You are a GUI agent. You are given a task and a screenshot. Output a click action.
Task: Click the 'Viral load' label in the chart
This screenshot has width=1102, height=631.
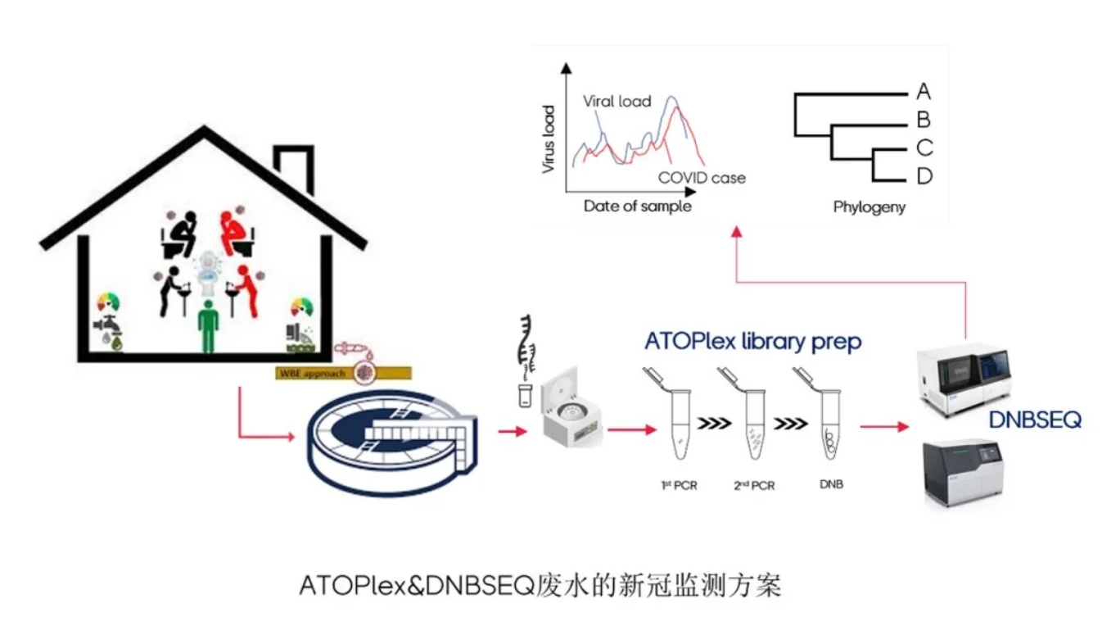coord(616,102)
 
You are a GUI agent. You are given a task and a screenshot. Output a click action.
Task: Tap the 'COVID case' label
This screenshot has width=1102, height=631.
coord(702,178)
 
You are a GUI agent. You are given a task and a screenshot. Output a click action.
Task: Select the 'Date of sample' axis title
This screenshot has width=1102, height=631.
coord(637,206)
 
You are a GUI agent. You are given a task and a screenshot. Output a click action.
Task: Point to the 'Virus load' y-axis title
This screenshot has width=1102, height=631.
coord(548,138)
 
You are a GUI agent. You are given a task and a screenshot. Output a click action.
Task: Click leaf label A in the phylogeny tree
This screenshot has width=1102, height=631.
coord(924,91)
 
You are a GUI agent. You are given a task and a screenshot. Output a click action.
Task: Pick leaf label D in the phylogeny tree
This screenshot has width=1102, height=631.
coord(924,176)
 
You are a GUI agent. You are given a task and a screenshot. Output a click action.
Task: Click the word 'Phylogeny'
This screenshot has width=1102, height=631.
coord(869,207)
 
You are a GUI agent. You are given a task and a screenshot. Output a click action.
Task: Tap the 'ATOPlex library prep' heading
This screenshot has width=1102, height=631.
coord(752,340)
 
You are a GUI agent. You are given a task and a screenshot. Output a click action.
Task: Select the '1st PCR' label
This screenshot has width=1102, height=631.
coord(679,486)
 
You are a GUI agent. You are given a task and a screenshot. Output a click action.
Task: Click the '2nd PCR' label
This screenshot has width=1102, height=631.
coord(754,486)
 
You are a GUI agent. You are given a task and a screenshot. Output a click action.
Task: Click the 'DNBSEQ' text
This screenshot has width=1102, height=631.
coord(1034,420)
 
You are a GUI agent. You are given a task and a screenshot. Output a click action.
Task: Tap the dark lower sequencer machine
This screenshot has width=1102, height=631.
coord(961,474)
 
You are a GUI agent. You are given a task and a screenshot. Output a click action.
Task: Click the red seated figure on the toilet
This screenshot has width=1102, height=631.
coord(235,234)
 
